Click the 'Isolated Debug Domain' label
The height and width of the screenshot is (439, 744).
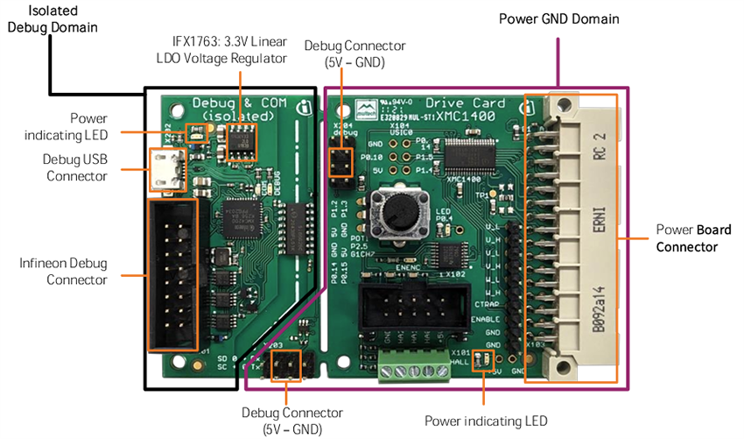point(52,18)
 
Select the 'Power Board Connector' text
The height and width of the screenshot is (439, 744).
point(687,239)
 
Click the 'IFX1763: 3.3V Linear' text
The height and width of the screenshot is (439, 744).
point(228,42)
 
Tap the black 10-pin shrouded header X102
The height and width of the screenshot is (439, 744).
point(404,311)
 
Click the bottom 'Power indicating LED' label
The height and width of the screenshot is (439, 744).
point(486,421)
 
